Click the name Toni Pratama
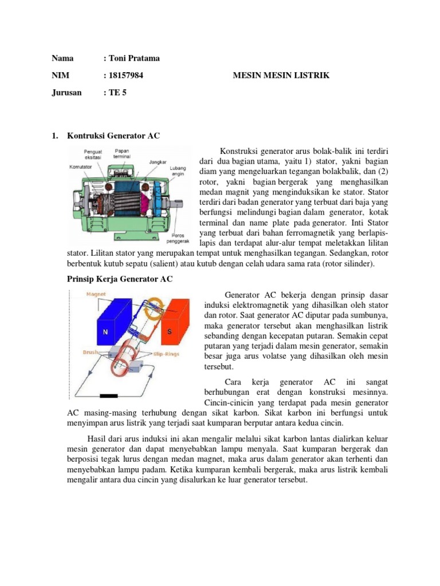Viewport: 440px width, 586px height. pos(132,59)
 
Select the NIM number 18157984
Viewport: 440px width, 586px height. pos(126,76)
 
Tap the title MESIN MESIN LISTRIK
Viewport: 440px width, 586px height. pos(282,76)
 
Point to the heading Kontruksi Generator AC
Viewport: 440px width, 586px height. pos(113,136)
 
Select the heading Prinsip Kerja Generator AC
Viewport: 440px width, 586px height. pos(116,279)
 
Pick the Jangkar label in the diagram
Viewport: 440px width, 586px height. pos(158,162)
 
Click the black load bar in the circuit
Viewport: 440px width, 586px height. pos(108,395)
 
